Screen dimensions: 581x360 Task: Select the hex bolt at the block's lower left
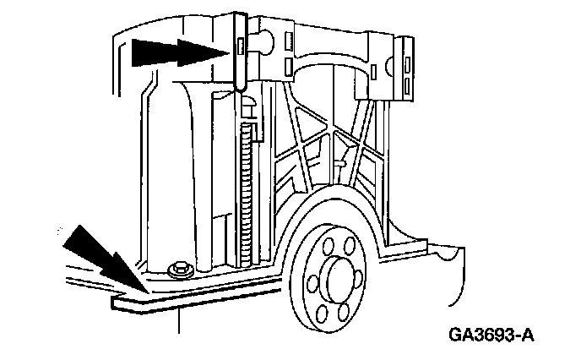coord(178,270)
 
